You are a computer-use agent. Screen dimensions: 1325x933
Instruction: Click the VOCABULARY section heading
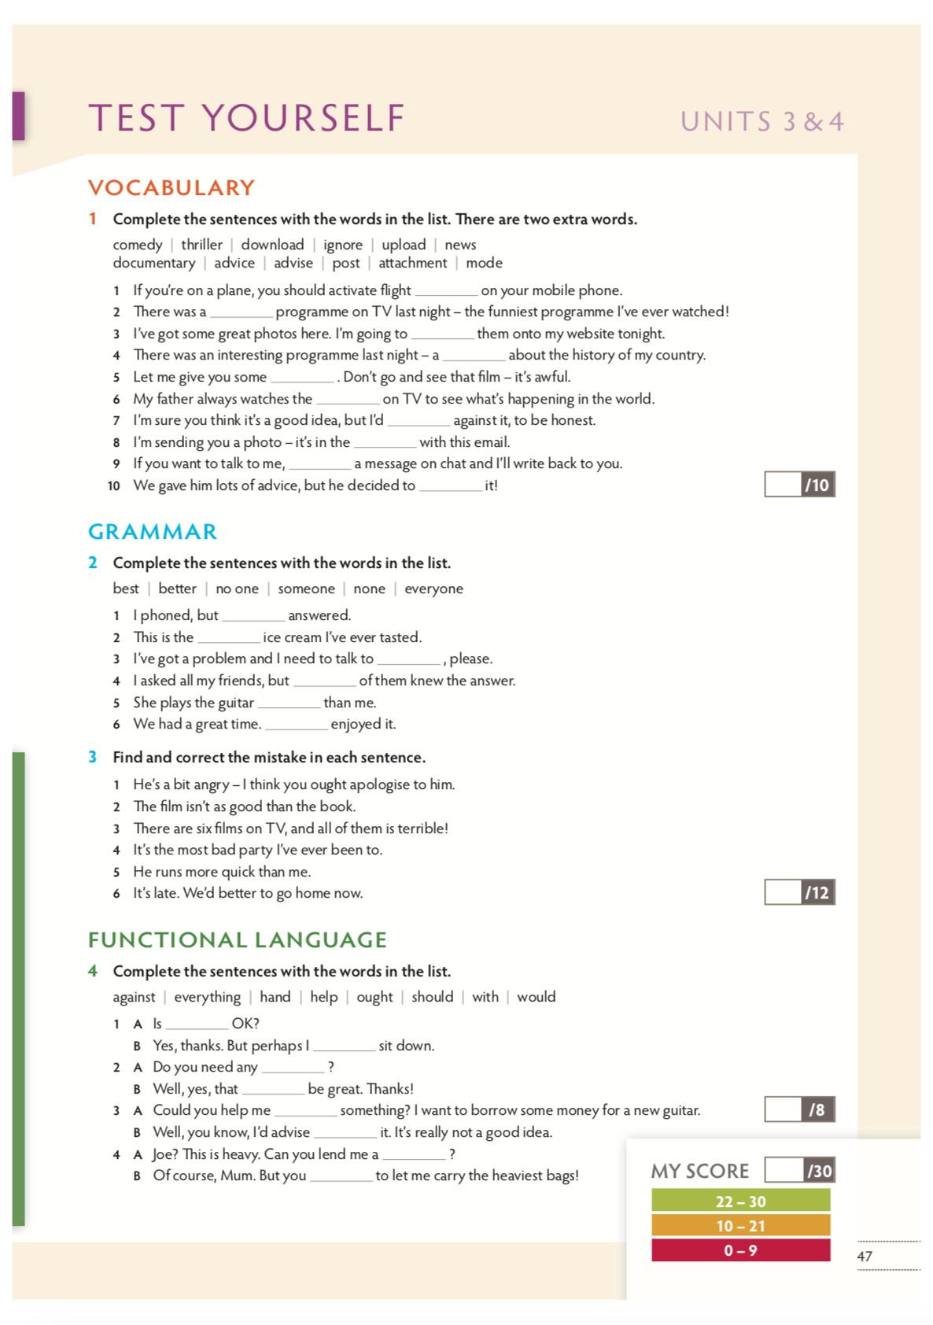[171, 188]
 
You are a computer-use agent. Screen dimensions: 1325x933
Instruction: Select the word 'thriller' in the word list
[201, 245]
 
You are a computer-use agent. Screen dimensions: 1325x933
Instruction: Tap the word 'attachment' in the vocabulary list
[412, 263]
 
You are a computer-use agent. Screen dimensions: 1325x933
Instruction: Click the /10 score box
[799, 485]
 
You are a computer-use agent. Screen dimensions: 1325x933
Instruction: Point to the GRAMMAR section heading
[153, 532]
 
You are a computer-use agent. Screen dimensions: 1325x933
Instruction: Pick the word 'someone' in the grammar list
[306, 589]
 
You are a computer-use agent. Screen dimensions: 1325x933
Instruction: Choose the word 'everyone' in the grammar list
[433, 589]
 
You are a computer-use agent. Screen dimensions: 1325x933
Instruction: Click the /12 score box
[799, 892]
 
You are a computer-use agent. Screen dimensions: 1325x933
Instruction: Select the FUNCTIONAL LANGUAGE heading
[238, 940]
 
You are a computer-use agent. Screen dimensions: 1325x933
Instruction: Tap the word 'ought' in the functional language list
[374, 997]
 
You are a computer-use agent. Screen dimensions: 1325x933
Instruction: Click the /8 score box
[799, 1109]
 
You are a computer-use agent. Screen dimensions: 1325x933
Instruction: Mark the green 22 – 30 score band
[740, 1201]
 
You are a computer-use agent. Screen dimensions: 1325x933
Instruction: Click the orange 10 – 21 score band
[740, 1226]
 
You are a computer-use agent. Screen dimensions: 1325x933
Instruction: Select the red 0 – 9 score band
[740, 1250]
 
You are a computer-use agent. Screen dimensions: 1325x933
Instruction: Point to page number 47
[865, 1257]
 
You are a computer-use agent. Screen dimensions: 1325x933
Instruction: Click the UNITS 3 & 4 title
[762, 122]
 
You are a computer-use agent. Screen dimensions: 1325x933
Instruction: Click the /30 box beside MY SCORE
[799, 1171]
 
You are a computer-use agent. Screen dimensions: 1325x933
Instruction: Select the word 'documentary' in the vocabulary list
[154, 263]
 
